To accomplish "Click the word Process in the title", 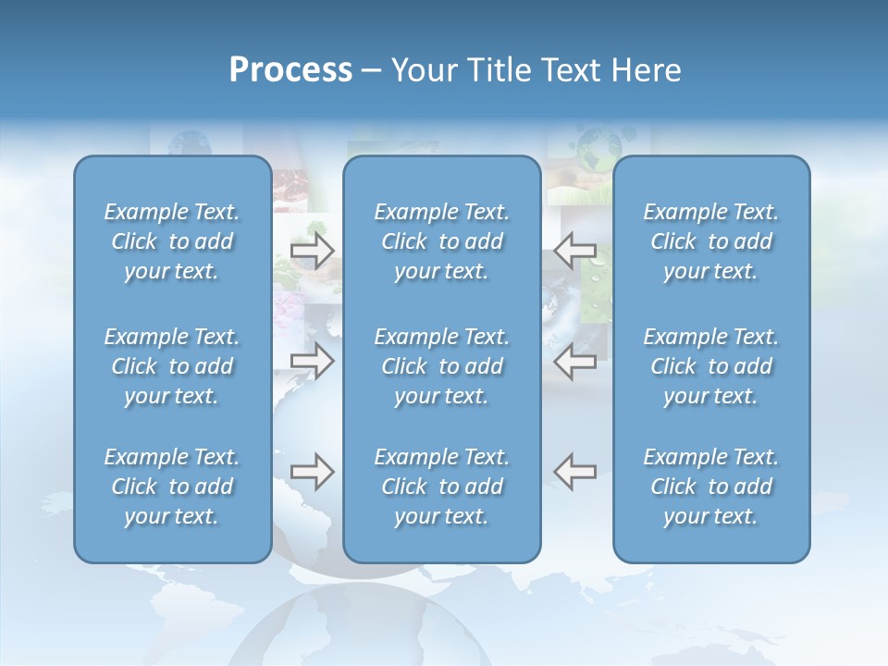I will coord(290,70).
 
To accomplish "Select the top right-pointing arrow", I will coord(313,251).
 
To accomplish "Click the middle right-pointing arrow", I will coord(313,361).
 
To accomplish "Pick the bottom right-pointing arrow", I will coord(313,472).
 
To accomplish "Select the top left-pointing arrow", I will coord(575,251).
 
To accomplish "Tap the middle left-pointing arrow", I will coord(575,361).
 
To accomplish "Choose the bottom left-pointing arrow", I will coord(575,472).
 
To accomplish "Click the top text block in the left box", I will coord(172,241).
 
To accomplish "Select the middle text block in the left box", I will coord(172,366).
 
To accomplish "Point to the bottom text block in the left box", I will coord(172,487).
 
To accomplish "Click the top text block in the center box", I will coord(442,241).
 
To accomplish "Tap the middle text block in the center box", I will coord(442,366).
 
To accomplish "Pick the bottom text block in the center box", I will coord(442,487).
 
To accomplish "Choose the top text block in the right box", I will coord(711,241).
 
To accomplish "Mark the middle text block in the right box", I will coord(711,366).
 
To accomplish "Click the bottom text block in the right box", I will coord(711,487).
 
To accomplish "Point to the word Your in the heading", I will coord(421,70).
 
